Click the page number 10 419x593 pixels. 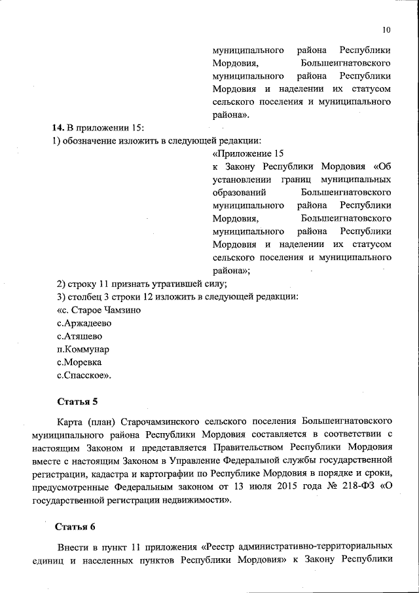[386, 29]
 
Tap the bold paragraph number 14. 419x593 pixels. [58, 126]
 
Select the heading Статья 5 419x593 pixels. [77, 400]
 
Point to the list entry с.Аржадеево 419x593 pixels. [85, 323]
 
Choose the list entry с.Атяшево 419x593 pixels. [80, 336]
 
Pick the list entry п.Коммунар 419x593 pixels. [83, 349]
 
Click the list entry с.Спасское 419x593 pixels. [84, 375]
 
